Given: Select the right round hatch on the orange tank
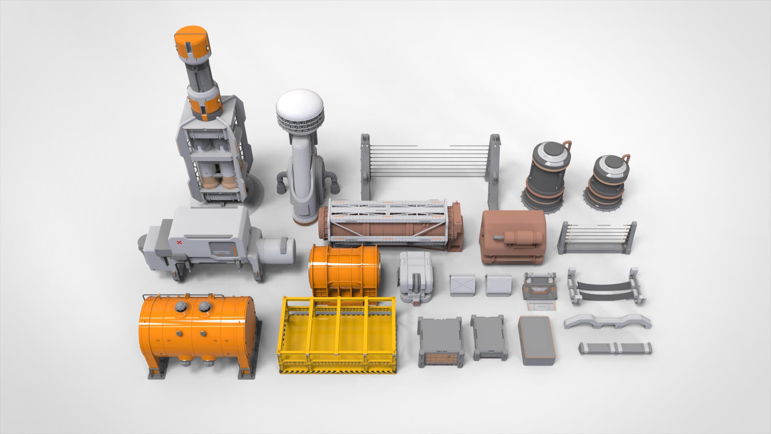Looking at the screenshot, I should [206, 307].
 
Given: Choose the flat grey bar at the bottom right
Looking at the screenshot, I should [615, 348].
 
